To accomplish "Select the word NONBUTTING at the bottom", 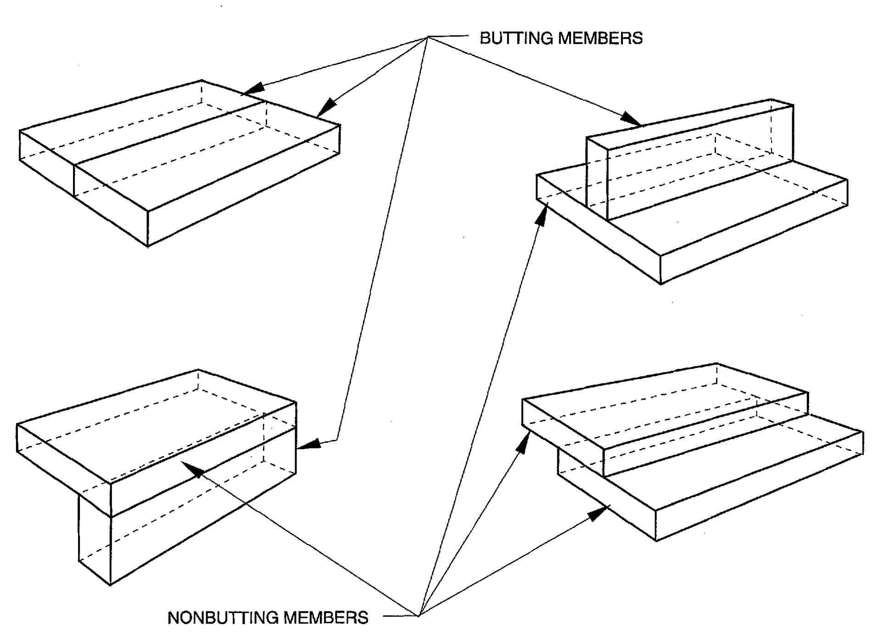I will click(x=223, y=618).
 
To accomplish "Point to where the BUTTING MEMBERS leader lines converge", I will click(x=429, y=37).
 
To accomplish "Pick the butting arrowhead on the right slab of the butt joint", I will click(x=326, y=108).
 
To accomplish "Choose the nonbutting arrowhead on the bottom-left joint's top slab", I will click(x=193, y=469).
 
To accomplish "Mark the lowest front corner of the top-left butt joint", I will click(x=148, y=246).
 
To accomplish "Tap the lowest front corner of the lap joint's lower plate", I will click(x=656, y=541).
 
